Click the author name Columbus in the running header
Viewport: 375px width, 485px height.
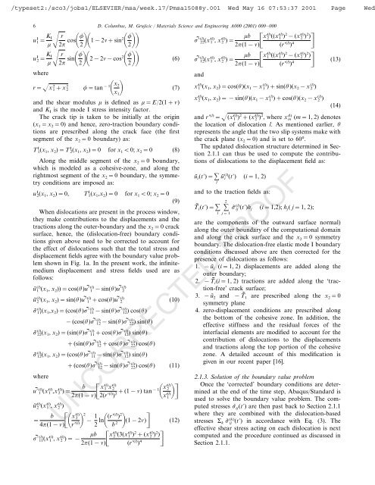point(130,26)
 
